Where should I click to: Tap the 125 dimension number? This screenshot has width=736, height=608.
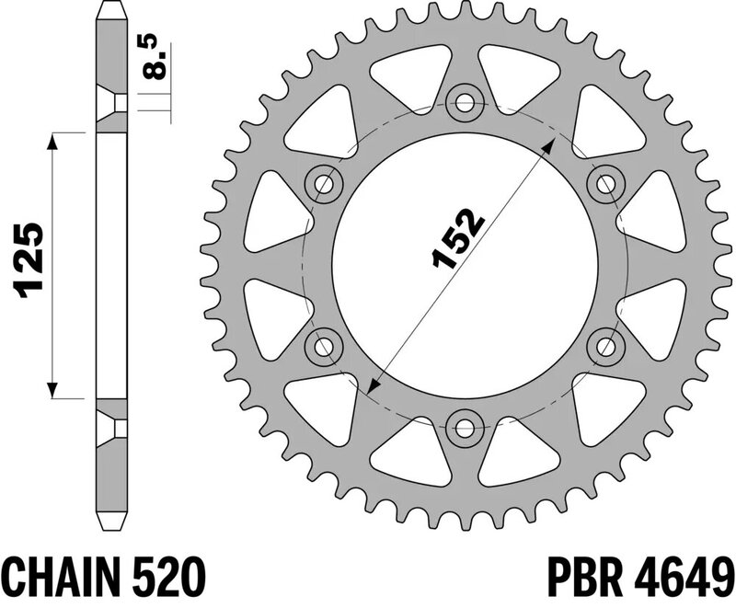click(x=29, y=260)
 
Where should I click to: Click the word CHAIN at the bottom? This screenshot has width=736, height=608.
click(x=58, y=576)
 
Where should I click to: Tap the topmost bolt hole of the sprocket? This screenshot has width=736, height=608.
click(x=465, y=103)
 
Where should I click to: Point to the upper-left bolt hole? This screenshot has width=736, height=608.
click(x=324, y=184)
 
